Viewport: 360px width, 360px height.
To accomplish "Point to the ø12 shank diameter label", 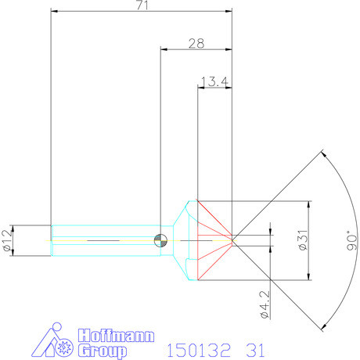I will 8,238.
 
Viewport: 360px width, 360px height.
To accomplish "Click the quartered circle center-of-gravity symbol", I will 160,239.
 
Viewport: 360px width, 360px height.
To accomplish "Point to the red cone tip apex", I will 233,238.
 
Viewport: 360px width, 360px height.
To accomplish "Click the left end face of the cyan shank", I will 51,238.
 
